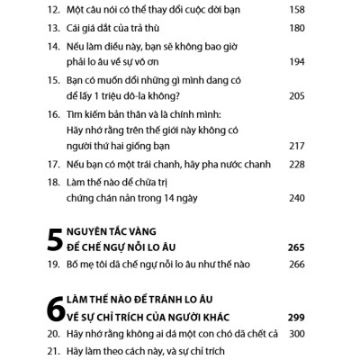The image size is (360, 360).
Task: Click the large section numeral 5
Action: (x=55, y=238)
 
